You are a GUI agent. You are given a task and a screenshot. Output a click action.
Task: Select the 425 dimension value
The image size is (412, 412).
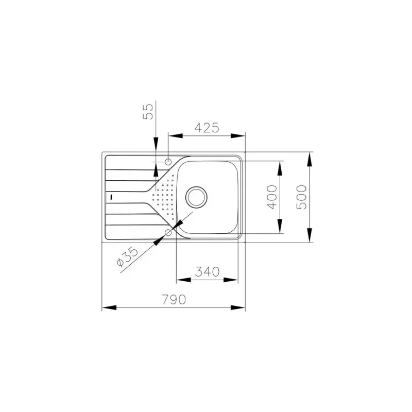click(x=207, y=127)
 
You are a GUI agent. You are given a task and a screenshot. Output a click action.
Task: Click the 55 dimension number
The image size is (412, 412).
click(x=148, y=112)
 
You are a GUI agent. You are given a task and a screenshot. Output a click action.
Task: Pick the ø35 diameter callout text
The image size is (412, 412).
click(x=127, y=256)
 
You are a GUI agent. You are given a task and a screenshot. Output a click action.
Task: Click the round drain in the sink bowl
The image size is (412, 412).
click(x=197, y=196)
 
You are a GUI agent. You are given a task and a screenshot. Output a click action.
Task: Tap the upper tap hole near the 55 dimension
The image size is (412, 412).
click(x=168, y=162)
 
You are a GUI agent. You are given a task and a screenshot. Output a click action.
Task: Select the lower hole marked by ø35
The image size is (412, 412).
click(x=168, y=233)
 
